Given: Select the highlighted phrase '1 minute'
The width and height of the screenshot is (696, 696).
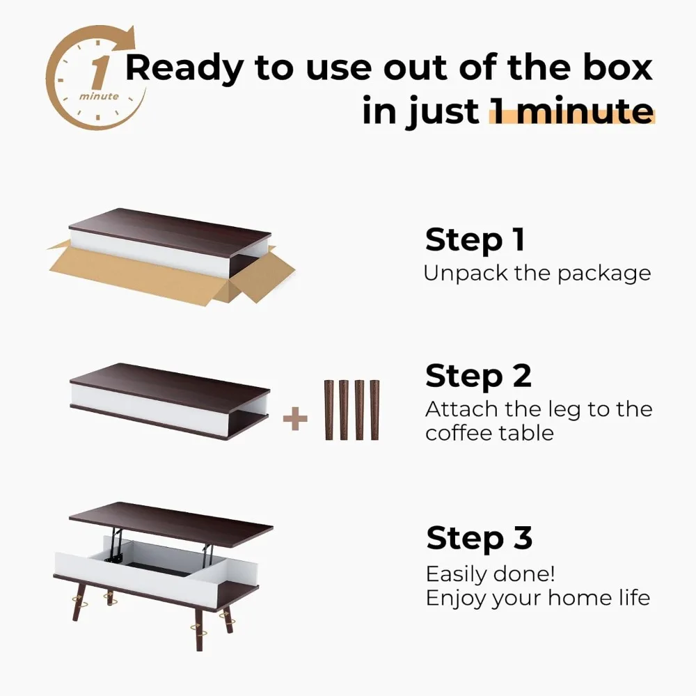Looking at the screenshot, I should click(571, 111).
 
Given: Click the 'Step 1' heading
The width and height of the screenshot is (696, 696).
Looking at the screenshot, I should click(475, 240).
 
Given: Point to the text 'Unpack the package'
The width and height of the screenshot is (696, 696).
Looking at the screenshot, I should click(537, 273).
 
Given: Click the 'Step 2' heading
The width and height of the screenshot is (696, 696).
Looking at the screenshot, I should click(478, 377).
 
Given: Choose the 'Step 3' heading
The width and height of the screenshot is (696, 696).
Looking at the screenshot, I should click(479, 539).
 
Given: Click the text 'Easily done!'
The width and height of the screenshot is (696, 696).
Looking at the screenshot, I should click(490, 575).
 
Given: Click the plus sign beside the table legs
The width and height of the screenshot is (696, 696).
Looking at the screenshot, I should click(295, 420).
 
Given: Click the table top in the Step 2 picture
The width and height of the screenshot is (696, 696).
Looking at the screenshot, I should click(170, 379).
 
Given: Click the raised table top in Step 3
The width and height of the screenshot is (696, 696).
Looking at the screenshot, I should click(171, 523).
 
